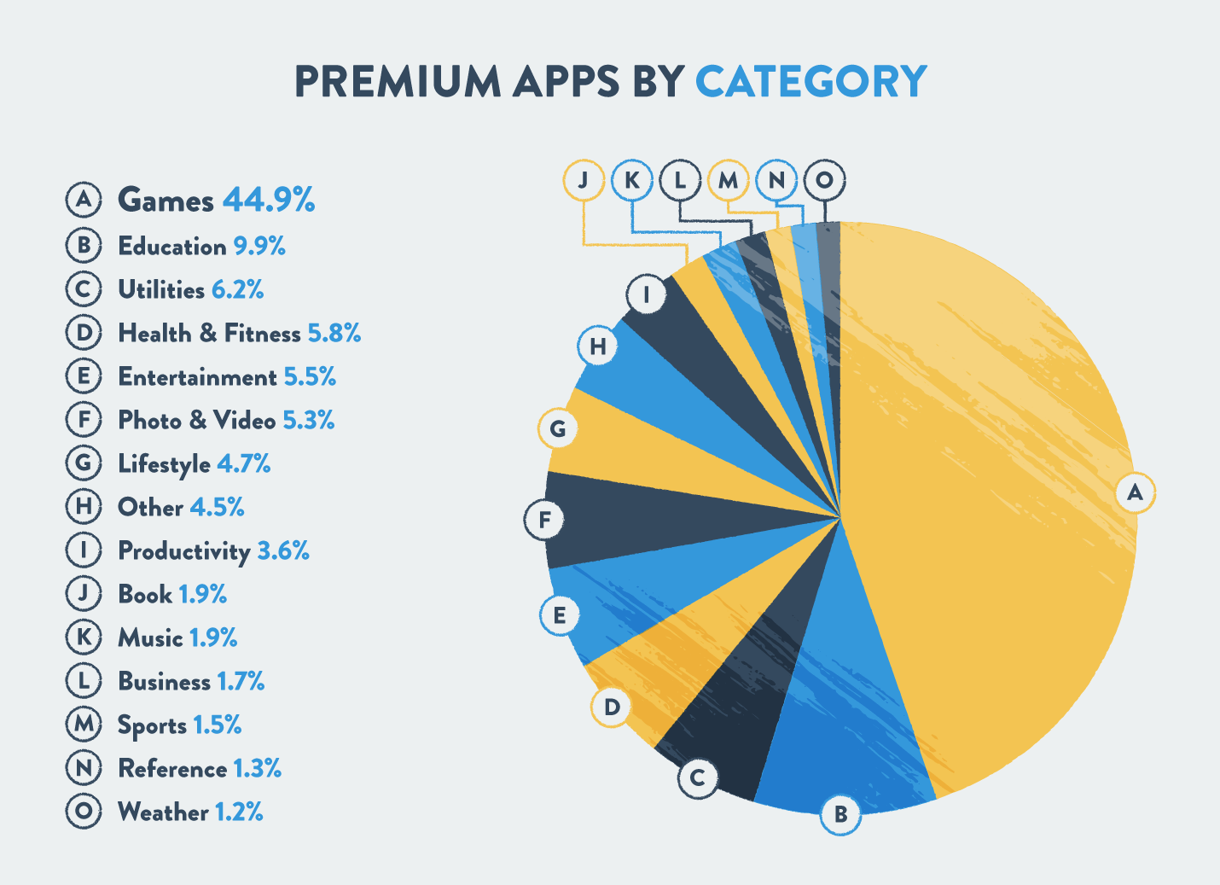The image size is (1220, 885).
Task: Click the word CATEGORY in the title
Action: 810,82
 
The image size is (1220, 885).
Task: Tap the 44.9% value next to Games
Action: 269,200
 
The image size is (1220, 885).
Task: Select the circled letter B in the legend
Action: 84,246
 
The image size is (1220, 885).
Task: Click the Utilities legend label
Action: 161,290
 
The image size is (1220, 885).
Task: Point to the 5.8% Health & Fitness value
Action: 334,333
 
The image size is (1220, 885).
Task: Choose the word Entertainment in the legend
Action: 197,377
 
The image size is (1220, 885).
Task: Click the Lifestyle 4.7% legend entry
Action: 194,464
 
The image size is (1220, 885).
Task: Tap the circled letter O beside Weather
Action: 84,811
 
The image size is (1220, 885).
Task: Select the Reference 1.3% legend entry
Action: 200,769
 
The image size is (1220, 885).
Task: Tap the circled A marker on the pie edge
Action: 1135,492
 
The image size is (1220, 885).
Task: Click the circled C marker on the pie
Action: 698,777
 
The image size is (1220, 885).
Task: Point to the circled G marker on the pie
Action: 558,428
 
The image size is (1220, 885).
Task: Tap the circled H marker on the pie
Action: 597,346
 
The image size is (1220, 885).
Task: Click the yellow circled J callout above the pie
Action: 584,180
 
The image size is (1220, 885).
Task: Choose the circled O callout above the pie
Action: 824,180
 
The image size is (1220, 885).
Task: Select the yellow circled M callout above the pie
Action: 728,180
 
